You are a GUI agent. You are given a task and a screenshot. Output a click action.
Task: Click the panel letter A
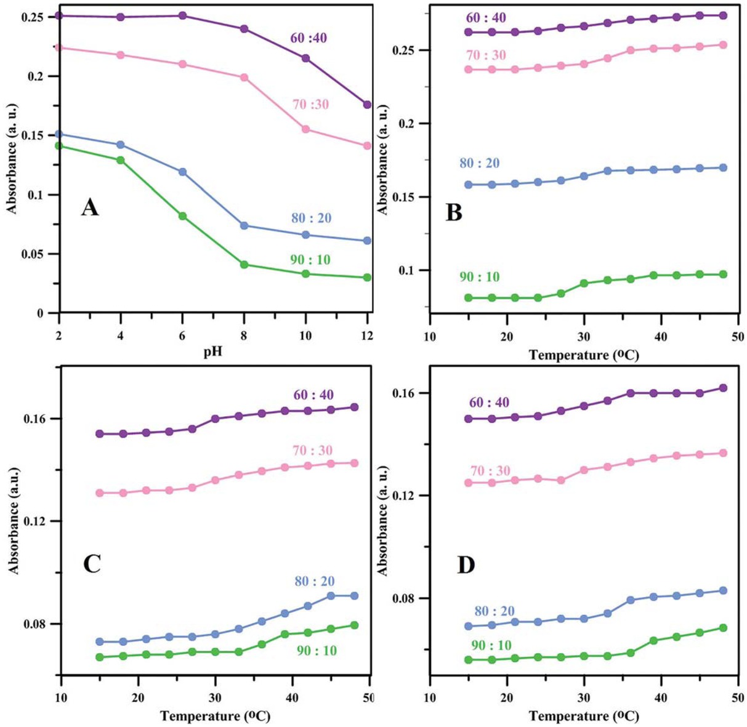[x=90, y=207]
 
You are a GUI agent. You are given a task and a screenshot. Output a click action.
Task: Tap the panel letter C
[x=91, y=563]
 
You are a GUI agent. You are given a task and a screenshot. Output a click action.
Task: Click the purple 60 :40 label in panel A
[x=309, y=38]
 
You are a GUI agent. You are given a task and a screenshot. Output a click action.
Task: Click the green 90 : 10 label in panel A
[x=310, y=260]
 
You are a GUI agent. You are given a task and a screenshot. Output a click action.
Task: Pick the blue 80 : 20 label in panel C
[x=315, y=582]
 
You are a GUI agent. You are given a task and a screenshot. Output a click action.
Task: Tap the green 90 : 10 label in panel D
[x=491, y=645]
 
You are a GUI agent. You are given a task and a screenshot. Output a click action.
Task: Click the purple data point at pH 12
[x=368, y=105]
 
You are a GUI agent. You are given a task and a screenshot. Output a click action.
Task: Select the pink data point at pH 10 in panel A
[x=305, y=129]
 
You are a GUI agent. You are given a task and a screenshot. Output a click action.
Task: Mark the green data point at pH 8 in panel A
[x=244, y=265]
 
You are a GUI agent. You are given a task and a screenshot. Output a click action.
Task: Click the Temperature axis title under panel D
[x=584, y=717]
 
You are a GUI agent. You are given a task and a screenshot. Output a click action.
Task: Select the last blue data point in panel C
[x=354, y=596]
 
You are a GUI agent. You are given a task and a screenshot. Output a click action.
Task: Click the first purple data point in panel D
[x=468, y=419]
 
